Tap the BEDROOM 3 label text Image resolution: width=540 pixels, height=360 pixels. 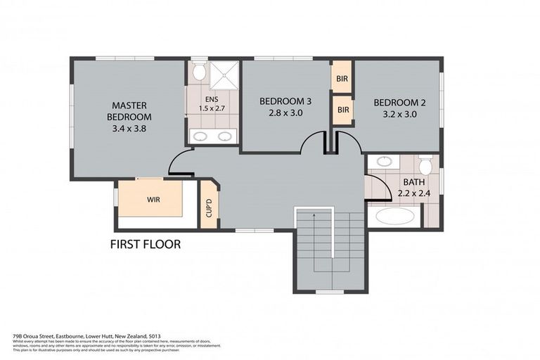(x=285, y=101)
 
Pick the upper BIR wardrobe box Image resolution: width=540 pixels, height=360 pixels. (x=342, y=78)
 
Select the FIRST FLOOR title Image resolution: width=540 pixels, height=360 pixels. (x=146, y=245)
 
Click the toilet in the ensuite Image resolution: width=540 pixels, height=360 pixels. (x=199, y=72)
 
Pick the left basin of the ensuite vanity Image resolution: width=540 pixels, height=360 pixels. (x=200, y=136)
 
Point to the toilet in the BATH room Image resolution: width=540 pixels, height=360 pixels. (x=425, y=166)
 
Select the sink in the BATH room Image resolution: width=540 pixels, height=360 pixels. (x=384, y=162)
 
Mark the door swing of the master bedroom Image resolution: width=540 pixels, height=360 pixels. (x=179, y=163)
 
